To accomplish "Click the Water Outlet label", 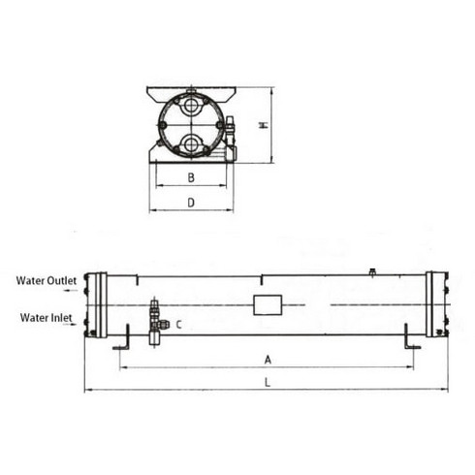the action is click(47, 280).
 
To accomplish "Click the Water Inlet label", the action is click(47, 318).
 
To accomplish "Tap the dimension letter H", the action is click(265, 125).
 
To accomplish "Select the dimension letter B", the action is click(191, 177).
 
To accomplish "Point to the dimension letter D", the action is click(191, 203).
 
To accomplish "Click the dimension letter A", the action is click(268, 360).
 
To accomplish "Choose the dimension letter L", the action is click(268, 383).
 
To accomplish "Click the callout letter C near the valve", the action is click(178, 325).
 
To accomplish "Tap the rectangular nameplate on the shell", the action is click(268, 304).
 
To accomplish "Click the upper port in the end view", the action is click(191, 106).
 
